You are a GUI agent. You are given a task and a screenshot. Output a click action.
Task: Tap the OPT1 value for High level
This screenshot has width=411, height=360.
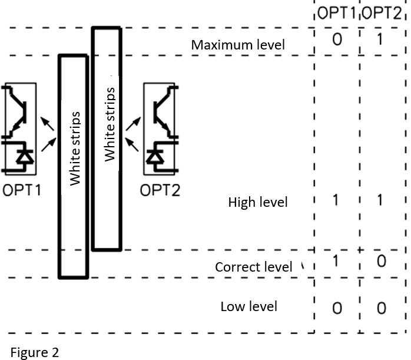click(336, 200)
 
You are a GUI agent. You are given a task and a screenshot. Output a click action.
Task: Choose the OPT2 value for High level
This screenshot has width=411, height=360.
click(380, 200)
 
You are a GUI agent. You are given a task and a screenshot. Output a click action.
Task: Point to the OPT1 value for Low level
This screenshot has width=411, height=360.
click(336, 308)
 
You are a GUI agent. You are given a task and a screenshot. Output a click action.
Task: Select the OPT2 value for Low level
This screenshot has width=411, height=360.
click(381, 308)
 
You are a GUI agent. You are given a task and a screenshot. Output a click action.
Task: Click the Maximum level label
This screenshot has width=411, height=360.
click(238, 45)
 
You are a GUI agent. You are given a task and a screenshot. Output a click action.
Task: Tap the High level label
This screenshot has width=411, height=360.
click(258, 203)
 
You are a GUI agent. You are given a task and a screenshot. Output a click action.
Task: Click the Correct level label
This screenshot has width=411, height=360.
click(253, 267)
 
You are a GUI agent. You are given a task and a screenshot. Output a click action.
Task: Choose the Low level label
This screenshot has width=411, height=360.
click(248, 306)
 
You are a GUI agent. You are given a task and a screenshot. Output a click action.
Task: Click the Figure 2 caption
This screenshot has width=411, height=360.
click(35, 352)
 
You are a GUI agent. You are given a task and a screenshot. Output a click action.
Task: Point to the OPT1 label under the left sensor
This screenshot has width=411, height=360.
click(22, 190)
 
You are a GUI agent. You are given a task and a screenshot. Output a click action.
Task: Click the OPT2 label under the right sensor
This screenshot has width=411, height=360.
click(160, 190)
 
